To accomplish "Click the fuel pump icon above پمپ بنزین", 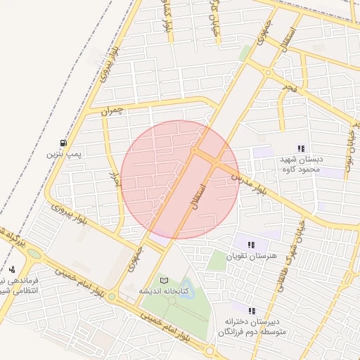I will (x=65, y=141).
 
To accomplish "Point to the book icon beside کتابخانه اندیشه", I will (x=165, y=281).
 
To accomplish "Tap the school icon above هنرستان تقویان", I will (x=251, y=245).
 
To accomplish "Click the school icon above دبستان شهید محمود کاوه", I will (x=301, y=148).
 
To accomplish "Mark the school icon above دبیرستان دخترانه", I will (x=251, y=310).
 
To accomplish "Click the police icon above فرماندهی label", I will (x=12, y=269).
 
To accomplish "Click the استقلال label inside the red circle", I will (x=199, y=200).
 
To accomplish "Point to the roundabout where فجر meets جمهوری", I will (x=268, y=72).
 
